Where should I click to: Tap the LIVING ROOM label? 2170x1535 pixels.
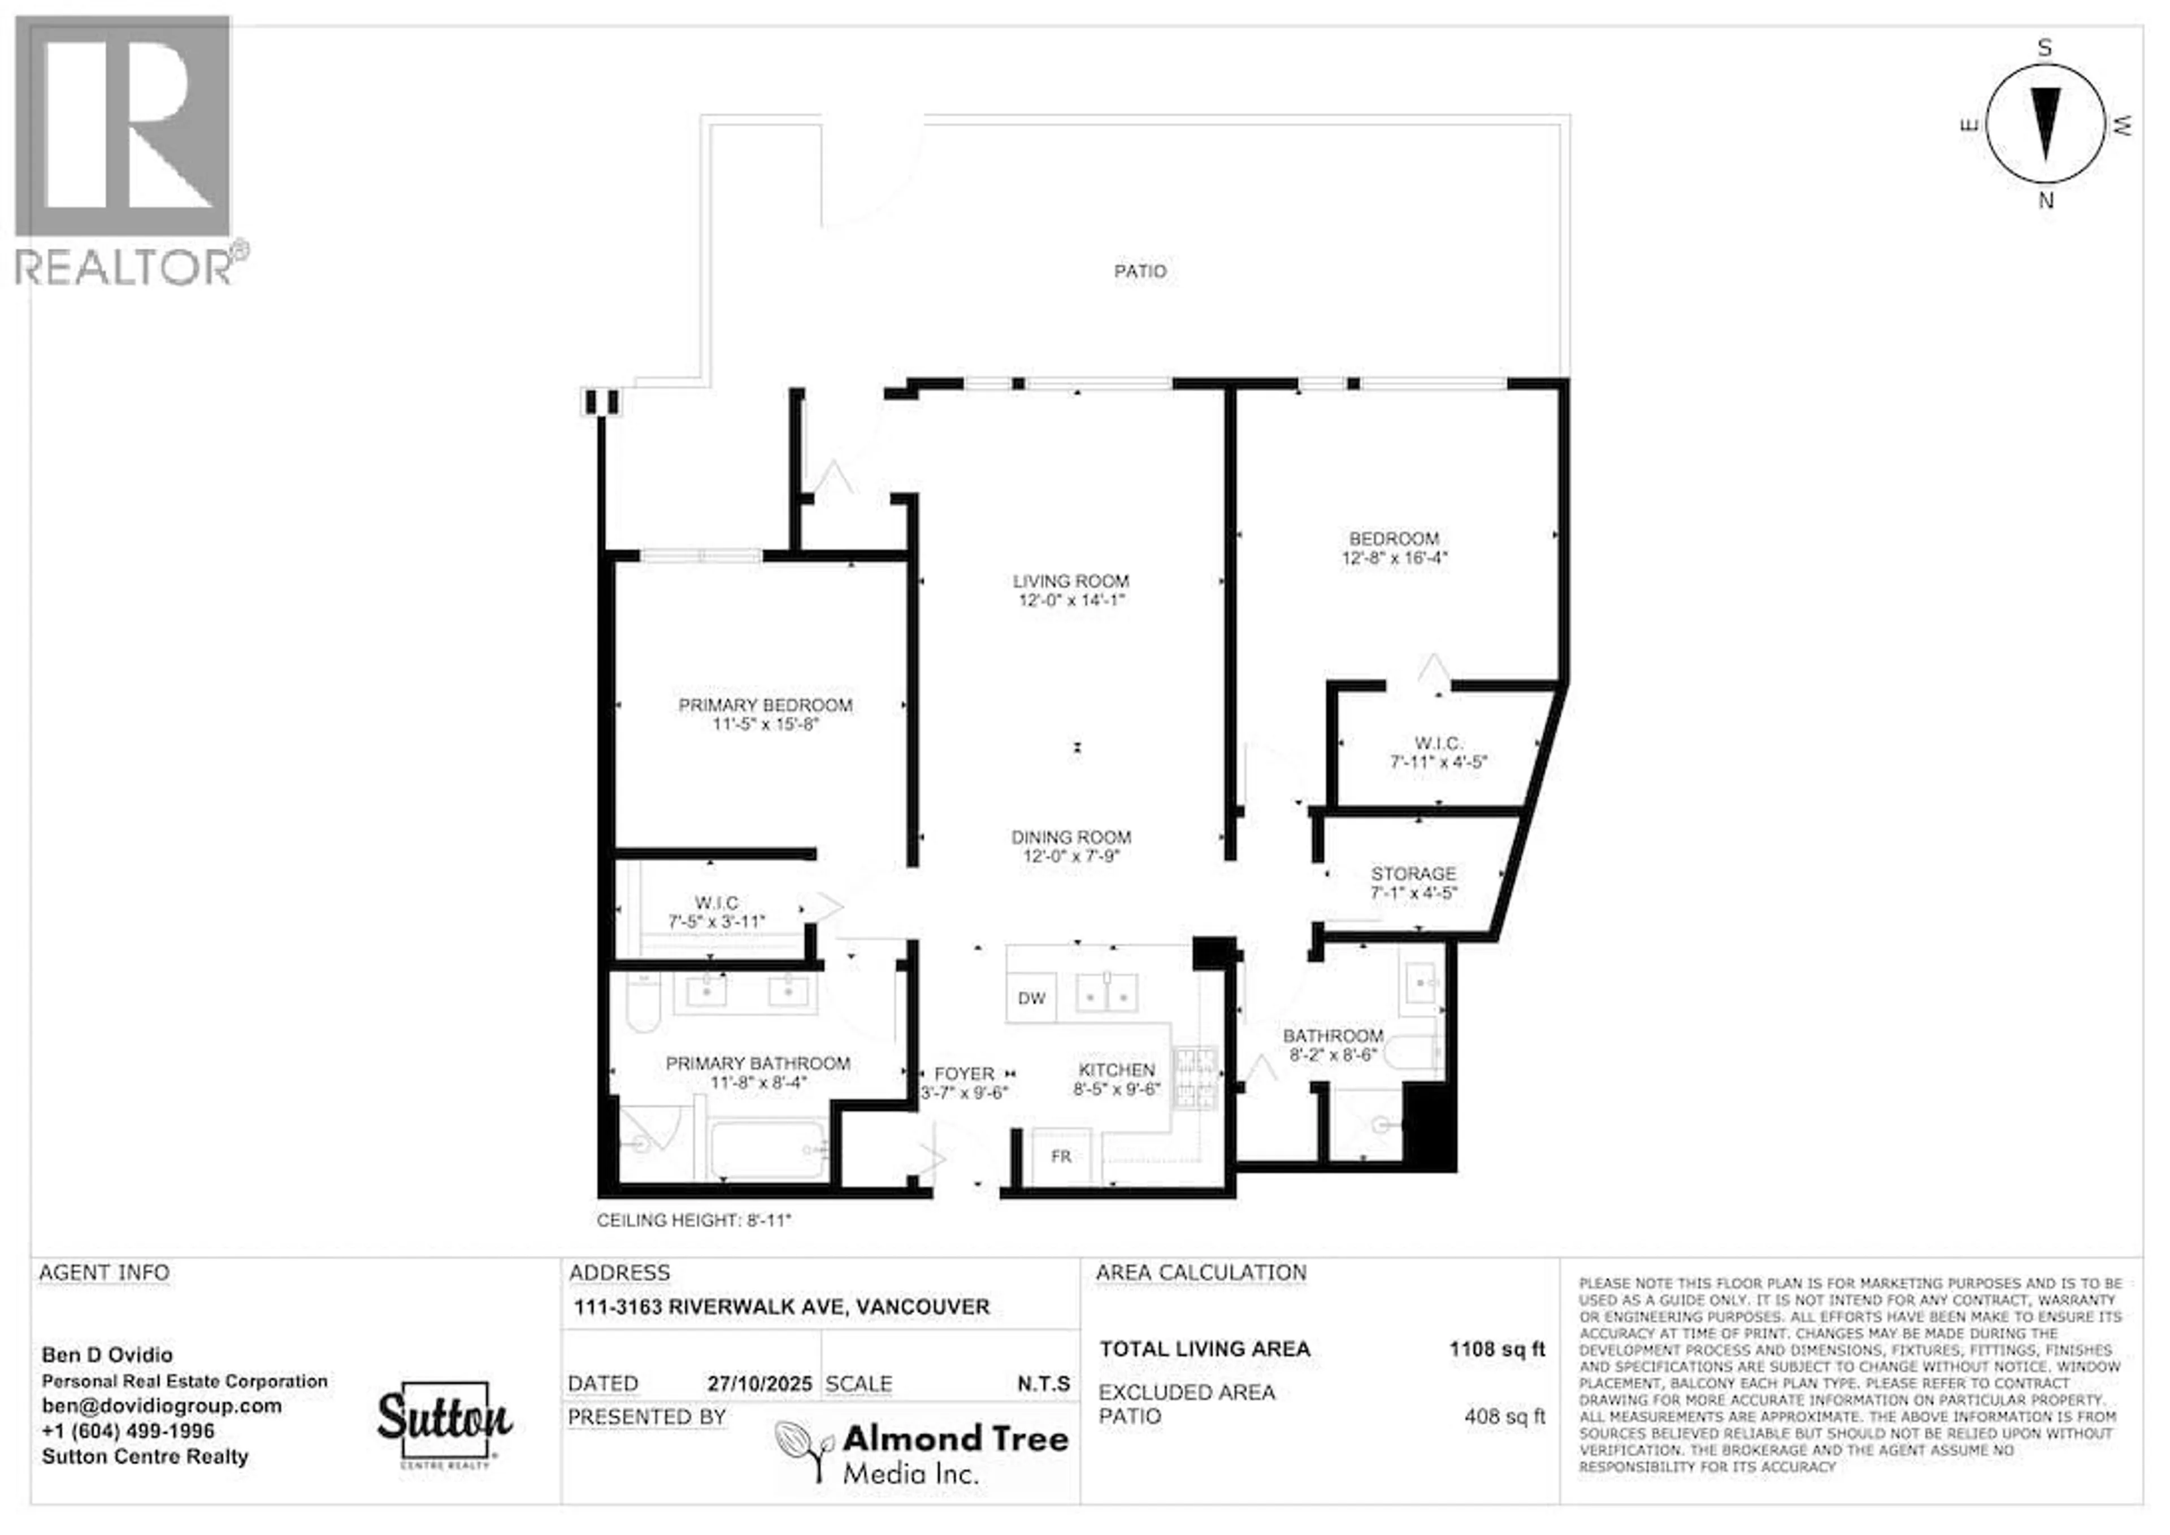(1071, 582)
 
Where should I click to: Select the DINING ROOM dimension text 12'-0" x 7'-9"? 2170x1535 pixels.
(1071, 856)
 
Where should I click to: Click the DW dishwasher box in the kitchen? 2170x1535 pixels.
(1031, 998)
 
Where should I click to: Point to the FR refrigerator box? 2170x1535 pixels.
(1061, 1157)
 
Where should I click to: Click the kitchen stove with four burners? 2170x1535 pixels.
(1195, 1078)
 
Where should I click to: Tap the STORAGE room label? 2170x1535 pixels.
(1413, 873)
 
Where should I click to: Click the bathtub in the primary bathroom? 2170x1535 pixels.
(769, 1150)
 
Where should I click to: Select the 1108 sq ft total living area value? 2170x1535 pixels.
(1497, 1350)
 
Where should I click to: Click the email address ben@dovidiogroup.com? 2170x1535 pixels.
(162, 1406)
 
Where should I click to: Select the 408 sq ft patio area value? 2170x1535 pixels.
(1505, 1417)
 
